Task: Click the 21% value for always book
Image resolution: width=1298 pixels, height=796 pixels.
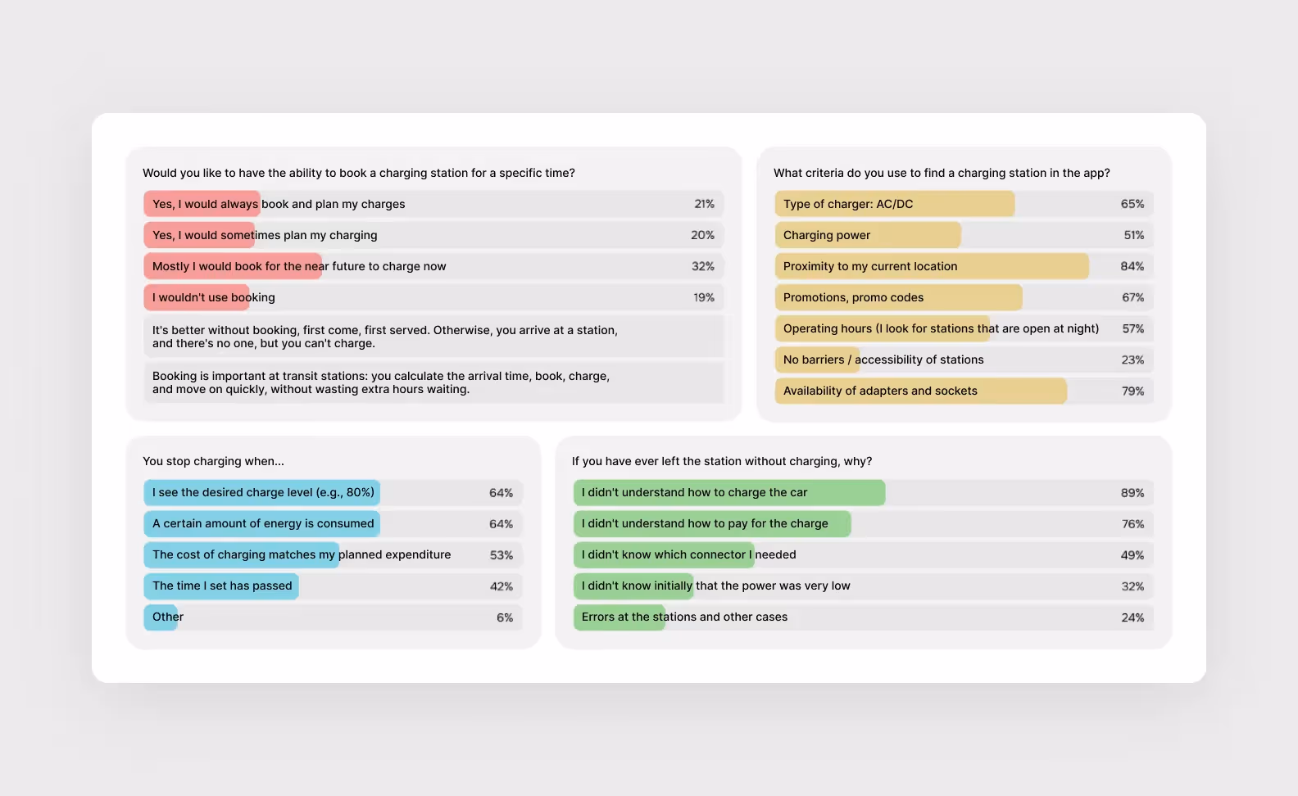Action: click(x=704, y=204)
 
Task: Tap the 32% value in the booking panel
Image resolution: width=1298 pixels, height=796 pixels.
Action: click(x=702, y=266)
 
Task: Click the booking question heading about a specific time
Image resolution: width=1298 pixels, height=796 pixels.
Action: click(x=359, y=173)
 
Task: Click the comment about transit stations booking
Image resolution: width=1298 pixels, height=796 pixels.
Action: click(x=381, y=382)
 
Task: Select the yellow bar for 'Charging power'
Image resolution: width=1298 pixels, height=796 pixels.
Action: click(x=868, y=235)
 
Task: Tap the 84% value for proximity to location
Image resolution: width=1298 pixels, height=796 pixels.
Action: click(x=1132, y=266)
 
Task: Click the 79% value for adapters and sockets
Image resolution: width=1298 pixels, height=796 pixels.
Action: click(x=1132, y=391)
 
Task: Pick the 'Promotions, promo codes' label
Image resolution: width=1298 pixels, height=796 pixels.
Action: click(x=853, y=297)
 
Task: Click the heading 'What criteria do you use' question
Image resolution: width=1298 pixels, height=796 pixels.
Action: click(x=942, y=173)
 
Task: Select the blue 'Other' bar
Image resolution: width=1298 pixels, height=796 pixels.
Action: click(x=161, y=617)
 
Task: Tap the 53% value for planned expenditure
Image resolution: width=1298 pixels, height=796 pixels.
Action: click(x=501, y=555)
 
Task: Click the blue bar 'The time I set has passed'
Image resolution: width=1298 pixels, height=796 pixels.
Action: click(x=221, y=586)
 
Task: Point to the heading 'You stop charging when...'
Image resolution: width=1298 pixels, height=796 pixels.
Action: click(x=213, y=461)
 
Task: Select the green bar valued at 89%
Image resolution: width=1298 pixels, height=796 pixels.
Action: click(x=729, y=493)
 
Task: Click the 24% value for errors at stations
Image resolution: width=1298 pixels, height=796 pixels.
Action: click(x=1132, y=617)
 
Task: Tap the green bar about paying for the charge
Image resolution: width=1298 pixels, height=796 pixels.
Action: click(x=712, y=524)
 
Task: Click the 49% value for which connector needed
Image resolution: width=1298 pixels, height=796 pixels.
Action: click(x=1132, y=555)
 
